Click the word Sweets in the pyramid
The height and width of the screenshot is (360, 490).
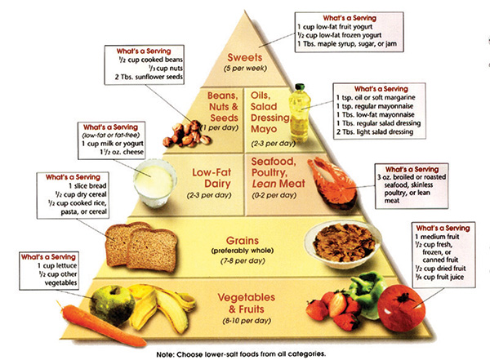coord(245,57)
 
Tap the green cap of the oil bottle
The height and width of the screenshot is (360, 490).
coord(300,87)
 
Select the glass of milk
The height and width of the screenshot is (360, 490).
coord(154,183)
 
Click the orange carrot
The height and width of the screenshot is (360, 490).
coord(100,325)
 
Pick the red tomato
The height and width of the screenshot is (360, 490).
coord(401,308)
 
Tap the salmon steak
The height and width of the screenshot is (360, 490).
coord(332,183)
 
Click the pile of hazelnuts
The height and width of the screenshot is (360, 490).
coord(187,134)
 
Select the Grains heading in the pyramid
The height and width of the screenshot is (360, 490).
coord(243,241)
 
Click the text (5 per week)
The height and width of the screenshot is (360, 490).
coord(245,69)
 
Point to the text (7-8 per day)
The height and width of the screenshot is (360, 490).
coord(243,260)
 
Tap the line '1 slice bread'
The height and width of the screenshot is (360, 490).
coord(87,186)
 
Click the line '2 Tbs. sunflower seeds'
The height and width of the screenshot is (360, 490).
coord(149,77)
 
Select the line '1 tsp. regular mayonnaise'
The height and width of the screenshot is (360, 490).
coord(375,106)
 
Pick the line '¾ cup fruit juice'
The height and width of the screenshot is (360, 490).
coord(439,277)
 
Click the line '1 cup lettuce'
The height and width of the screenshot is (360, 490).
coord(57,266)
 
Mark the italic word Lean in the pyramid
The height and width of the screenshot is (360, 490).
coord(261,184)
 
